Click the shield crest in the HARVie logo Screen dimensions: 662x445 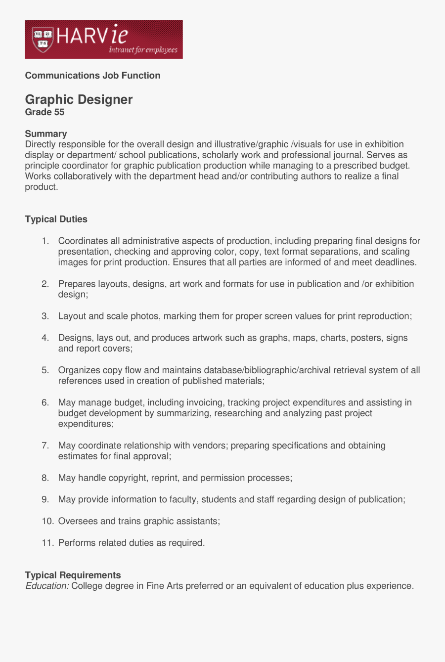43,40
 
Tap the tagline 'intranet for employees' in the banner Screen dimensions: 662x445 143,50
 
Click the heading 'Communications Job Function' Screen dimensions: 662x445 92,76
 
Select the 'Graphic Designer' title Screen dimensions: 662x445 79,100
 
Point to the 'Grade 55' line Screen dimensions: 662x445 44,112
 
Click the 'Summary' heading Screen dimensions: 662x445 45,133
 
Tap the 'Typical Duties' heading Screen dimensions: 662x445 56,219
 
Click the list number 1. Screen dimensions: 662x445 45,241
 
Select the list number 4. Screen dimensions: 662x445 45,338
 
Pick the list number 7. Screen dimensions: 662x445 45,446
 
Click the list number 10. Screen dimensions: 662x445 47,522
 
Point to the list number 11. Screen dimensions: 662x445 47,543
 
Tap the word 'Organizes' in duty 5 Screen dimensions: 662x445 79,370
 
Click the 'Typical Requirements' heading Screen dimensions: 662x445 73,575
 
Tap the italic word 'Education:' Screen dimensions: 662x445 47,586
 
